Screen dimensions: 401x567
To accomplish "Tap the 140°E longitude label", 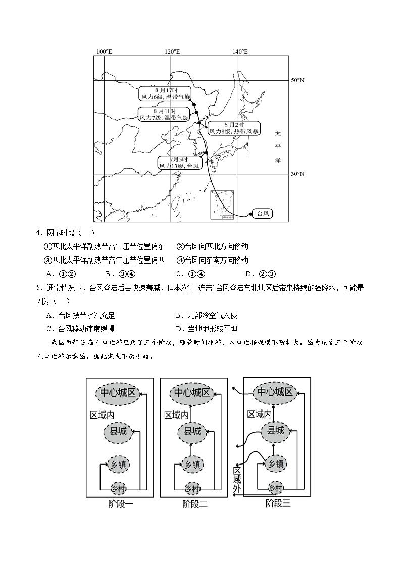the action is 240,51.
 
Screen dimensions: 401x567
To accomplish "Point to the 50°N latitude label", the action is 297,80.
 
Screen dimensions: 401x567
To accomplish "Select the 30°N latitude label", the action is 297,174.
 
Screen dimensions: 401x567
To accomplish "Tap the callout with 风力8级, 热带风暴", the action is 234,128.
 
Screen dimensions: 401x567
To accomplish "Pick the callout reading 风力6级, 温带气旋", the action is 165,93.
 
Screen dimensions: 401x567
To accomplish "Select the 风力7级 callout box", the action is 164,114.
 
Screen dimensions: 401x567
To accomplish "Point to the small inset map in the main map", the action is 223,204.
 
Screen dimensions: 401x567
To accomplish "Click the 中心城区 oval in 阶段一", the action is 117,393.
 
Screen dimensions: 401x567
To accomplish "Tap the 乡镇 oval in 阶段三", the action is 274,463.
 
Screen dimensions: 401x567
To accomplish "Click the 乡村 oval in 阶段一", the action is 119,488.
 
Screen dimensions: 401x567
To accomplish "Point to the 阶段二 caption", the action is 195,504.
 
